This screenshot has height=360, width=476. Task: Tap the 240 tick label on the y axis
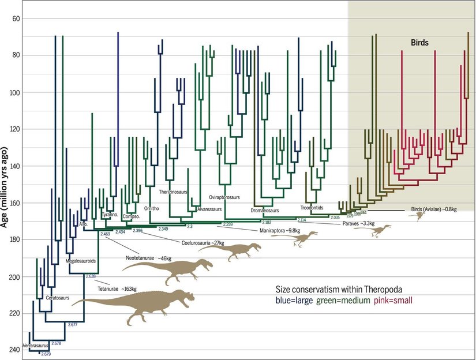13,350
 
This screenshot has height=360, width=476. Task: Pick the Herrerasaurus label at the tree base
36,345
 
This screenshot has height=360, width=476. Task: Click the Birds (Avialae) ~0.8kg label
434,208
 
